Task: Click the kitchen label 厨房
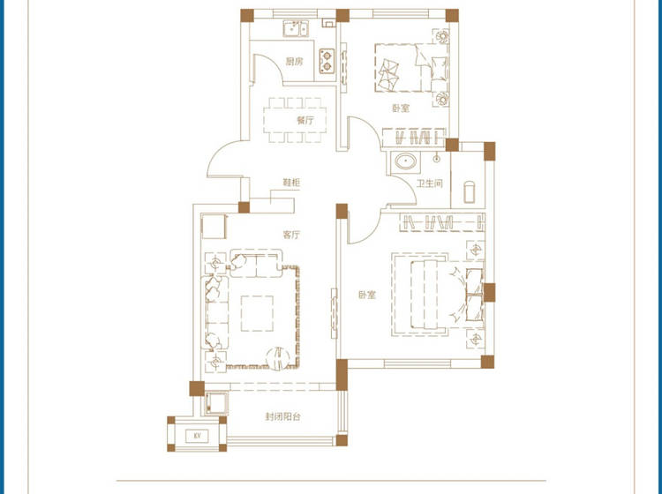294,61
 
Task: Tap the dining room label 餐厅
305,120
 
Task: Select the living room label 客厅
291,235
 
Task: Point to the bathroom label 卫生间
429,183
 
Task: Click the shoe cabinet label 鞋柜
291,183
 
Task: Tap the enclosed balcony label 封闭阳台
282,416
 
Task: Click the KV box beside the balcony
197,436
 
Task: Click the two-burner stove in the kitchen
327,61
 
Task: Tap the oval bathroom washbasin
406,161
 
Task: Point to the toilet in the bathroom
469,192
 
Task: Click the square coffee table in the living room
257,313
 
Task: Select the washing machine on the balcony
216,403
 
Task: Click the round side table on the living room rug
278,359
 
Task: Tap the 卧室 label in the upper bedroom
401,108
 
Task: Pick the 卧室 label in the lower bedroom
367,295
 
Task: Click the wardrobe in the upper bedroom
414,138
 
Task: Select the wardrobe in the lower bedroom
442,222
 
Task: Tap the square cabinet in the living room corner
214,227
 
